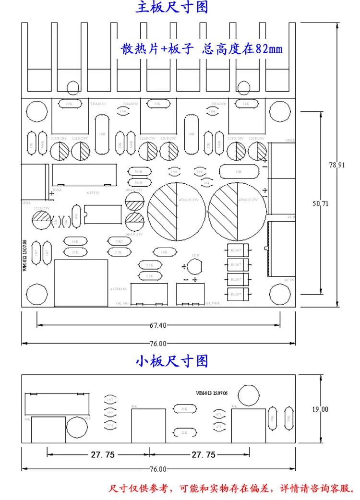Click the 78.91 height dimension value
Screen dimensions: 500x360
click(x=336, y=165)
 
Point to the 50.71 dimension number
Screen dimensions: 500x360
click(x=320, y=203)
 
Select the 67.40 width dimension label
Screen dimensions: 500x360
click(x=158, y=325)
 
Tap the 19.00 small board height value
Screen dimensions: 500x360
click(x=320, y=409)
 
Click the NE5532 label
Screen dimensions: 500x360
click(x=93, y=193)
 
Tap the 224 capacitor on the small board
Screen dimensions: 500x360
click(x=110, y=425)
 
